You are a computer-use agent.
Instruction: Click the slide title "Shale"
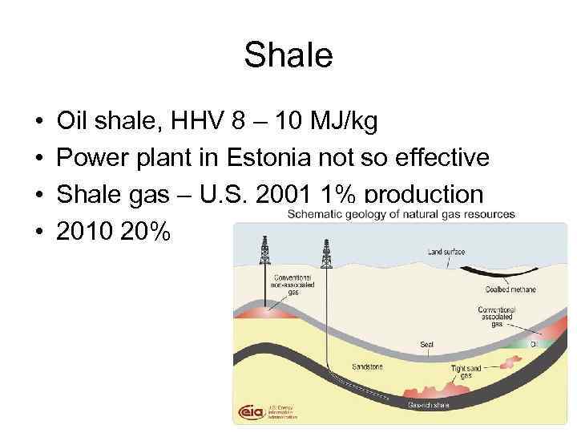pos(288,55)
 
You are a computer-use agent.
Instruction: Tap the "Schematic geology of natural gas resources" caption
pos(401,214)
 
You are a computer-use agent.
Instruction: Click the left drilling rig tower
pos(264,250)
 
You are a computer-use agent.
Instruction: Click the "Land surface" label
pos(446,252)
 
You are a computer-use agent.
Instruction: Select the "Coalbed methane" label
pos(510,289)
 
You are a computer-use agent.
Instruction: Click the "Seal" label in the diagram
pos(426,345)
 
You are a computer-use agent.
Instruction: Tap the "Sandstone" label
pos(366,366)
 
